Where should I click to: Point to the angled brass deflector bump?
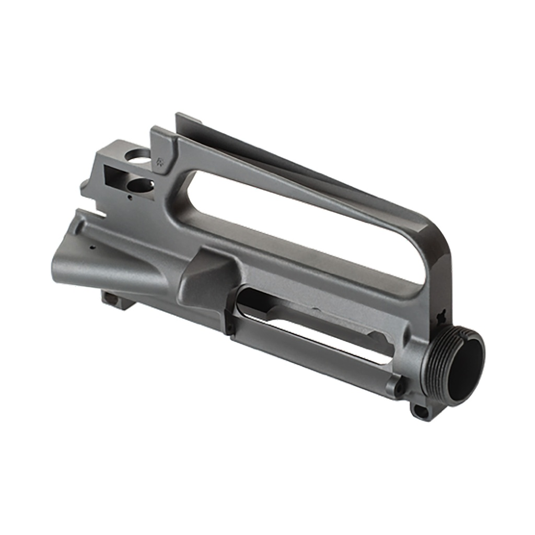[x=206, y=277]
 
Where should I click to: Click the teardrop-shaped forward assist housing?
[x=104, y=261]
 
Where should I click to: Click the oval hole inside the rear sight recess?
[x=141, y=184]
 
